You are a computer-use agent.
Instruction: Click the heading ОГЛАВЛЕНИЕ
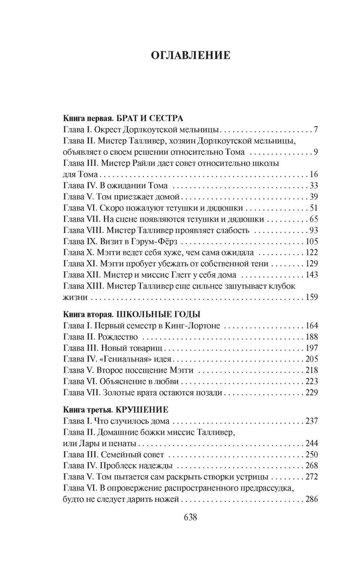click(190, 55)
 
